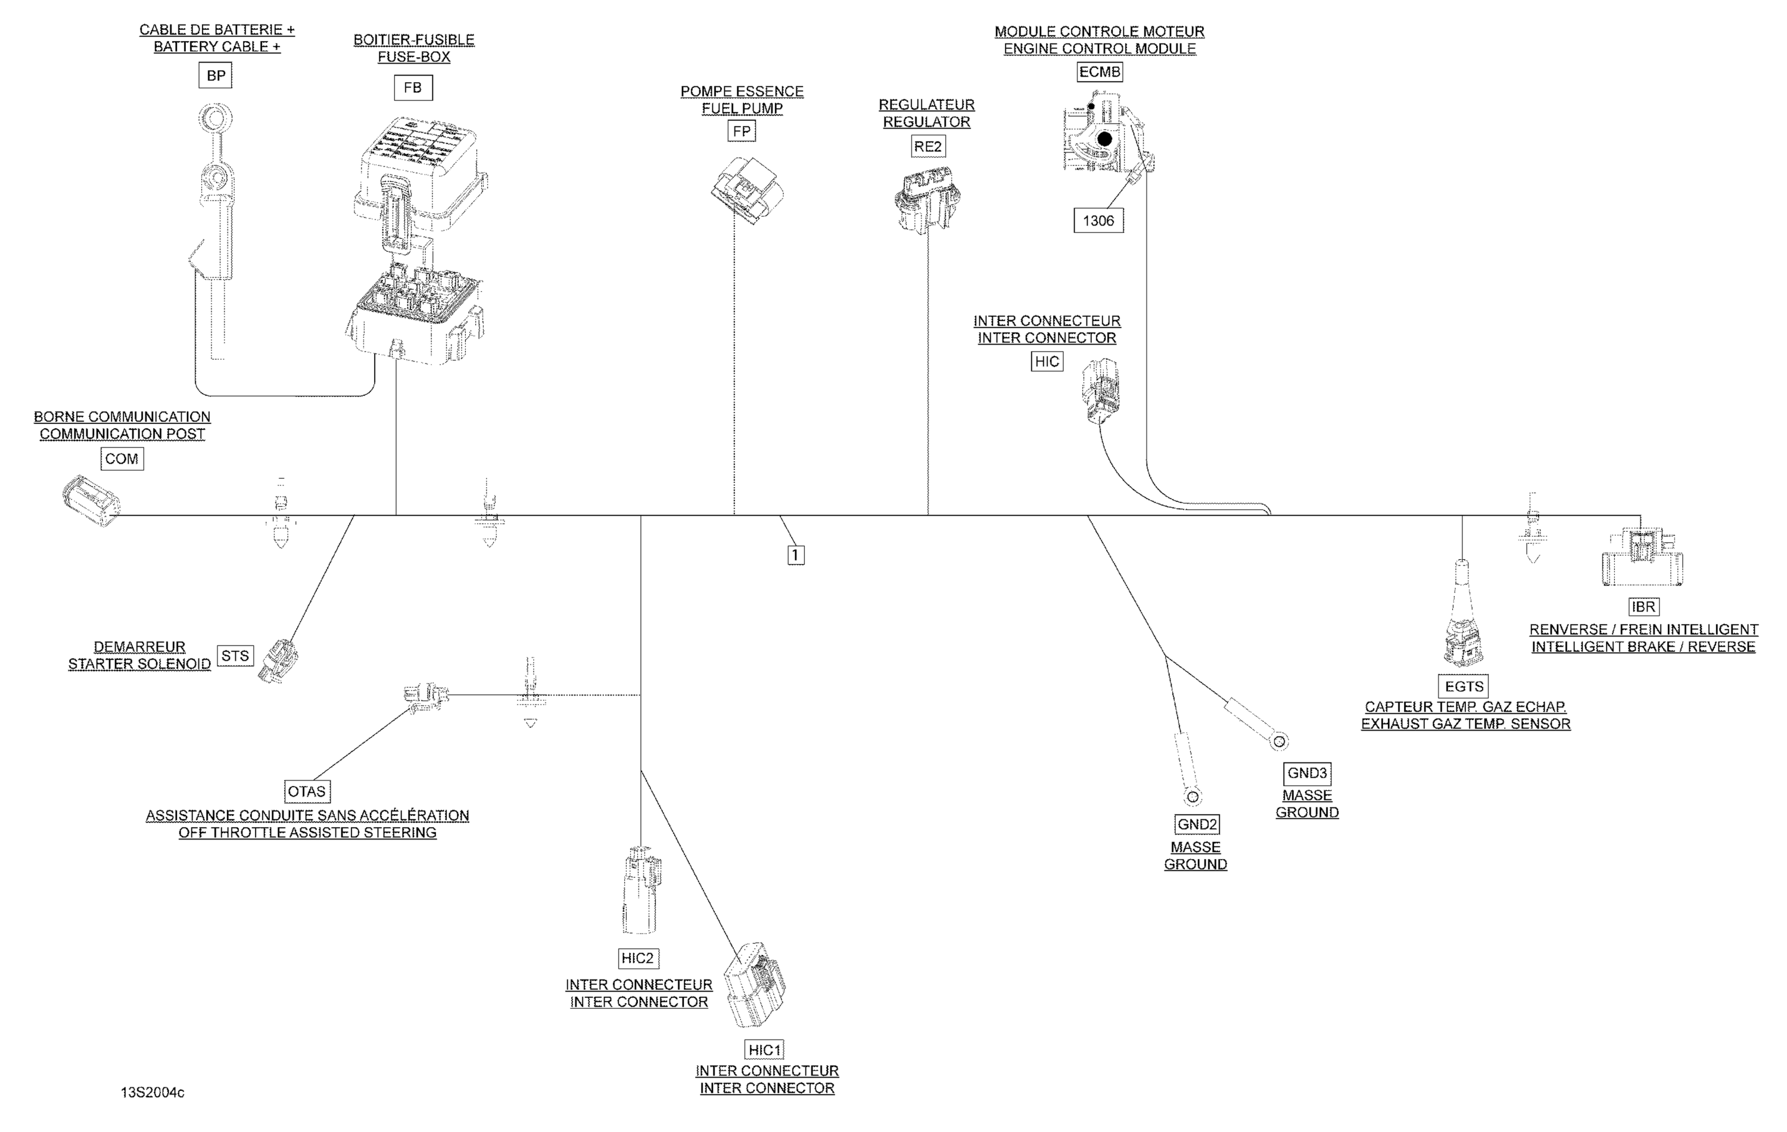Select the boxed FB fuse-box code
pos(413,88)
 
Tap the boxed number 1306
pos(1098,220)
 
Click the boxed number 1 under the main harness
pos(796,555)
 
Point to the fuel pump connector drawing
pos(746,189)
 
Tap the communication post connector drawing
pos(91,500)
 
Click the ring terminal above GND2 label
pos(1193,797)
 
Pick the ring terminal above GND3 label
pos(1279,740)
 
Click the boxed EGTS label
pos(1464,686)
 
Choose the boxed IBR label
pos(1643,607)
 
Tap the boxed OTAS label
pos(307,791)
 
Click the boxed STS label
pos(235,656)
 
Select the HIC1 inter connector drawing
pos(755,984)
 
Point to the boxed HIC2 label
pos(638,958)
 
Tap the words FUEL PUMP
pos(742,108)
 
